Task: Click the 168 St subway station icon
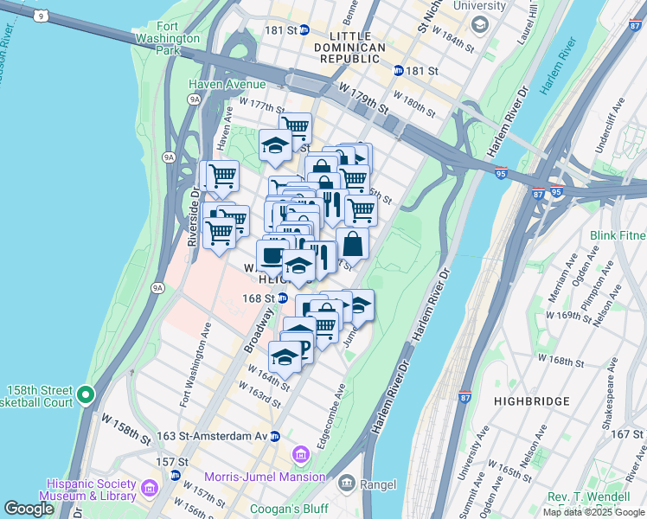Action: (x=283, y=298)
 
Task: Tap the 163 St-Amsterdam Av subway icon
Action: (x=274, y=436)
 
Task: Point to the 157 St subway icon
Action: (x=176, y=475)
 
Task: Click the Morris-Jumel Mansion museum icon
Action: (x=301, y=454)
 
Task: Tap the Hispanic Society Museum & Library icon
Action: (x=149, y=490)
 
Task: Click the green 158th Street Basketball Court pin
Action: (x=85, y=395)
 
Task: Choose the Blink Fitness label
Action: (x=618, y=235)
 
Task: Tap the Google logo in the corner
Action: (x=29, y=509)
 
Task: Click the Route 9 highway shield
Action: (x=40, y=16)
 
